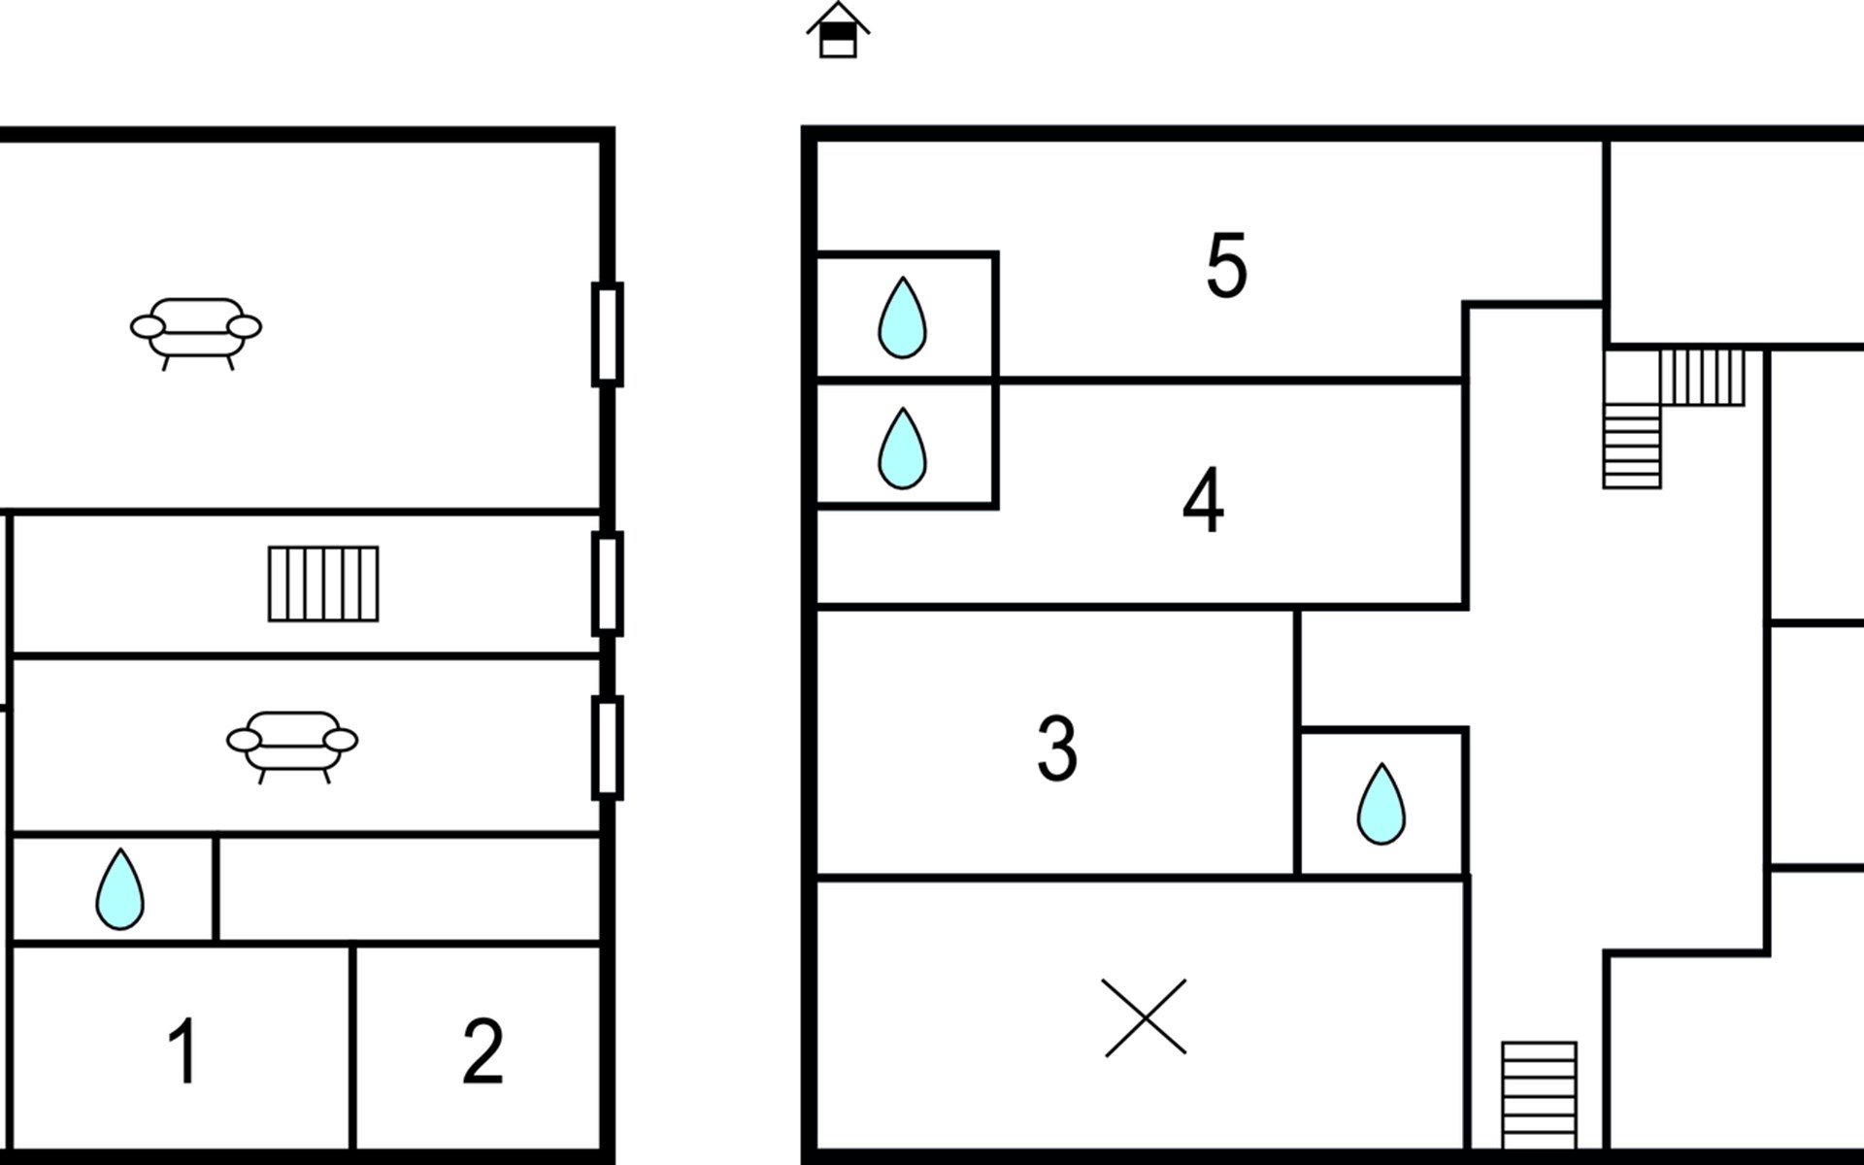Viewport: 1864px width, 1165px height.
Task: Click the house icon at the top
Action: pos(838,30)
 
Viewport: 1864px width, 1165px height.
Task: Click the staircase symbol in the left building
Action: pos(323,583)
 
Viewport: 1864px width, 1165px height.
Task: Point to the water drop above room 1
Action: pos(119,889)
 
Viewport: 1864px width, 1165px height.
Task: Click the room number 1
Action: pos(183,1050)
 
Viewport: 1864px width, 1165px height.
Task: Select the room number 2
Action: pos(483,1050)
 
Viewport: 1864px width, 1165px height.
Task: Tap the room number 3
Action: pos(1057,748)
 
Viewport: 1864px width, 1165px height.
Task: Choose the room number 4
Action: pos(1203,499)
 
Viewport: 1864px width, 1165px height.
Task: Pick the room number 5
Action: pos(1226,265)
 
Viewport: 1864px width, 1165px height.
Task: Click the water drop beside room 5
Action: pos(902,317)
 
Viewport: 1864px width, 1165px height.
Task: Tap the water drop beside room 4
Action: pos(902,448)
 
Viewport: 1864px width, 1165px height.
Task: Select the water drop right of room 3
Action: pos(1381,804)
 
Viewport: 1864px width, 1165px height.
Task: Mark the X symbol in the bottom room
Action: pos(1145,1017)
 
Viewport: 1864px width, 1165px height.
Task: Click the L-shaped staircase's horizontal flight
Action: pos(1702,377)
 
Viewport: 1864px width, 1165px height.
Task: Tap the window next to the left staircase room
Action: pos(608,583)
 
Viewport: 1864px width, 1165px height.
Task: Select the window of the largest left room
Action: pos(608,334)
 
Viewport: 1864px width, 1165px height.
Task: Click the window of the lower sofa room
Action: pos(608,748)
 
